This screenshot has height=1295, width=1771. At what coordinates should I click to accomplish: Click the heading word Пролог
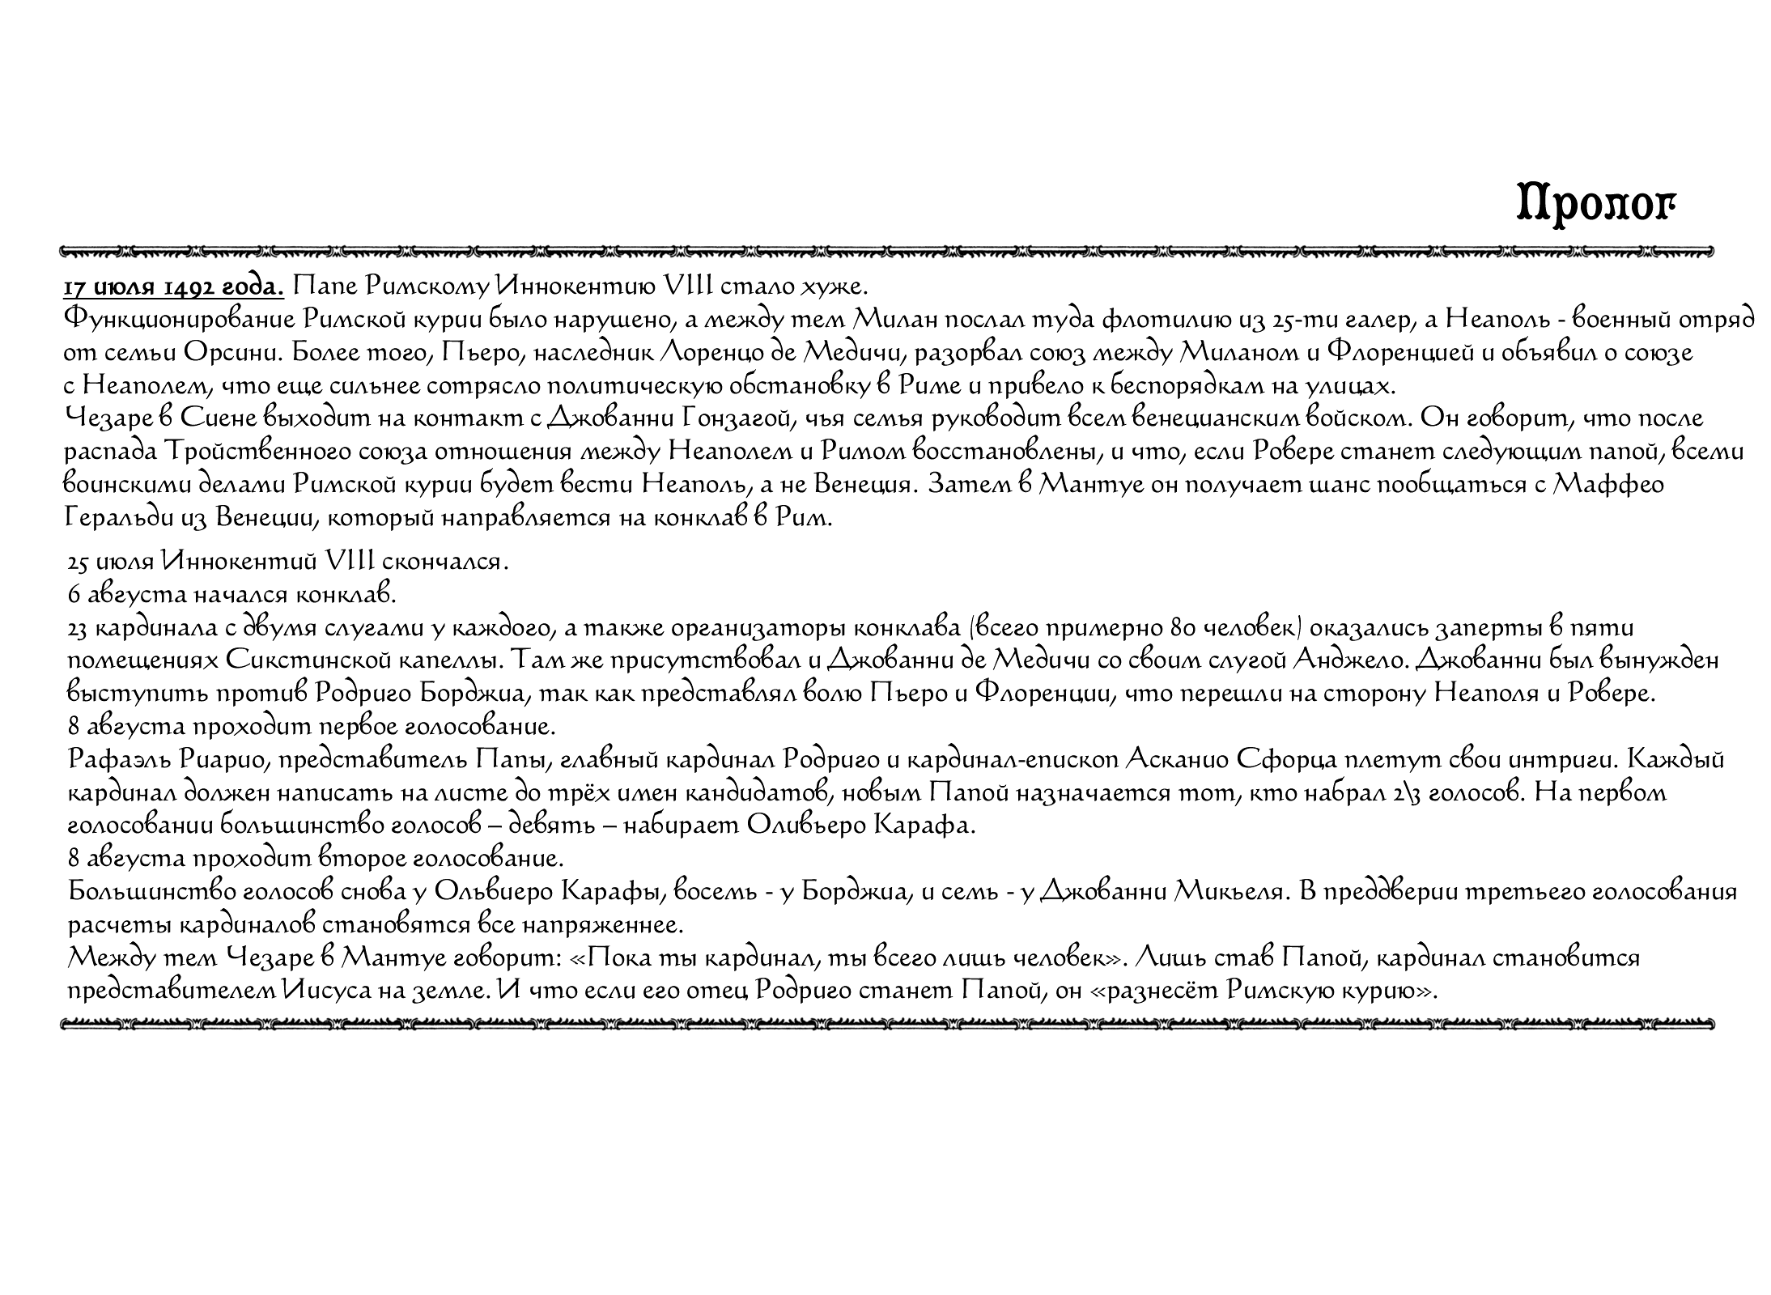click(1595, 205)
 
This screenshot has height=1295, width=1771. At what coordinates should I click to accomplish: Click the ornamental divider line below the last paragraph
click(887, 1025)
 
